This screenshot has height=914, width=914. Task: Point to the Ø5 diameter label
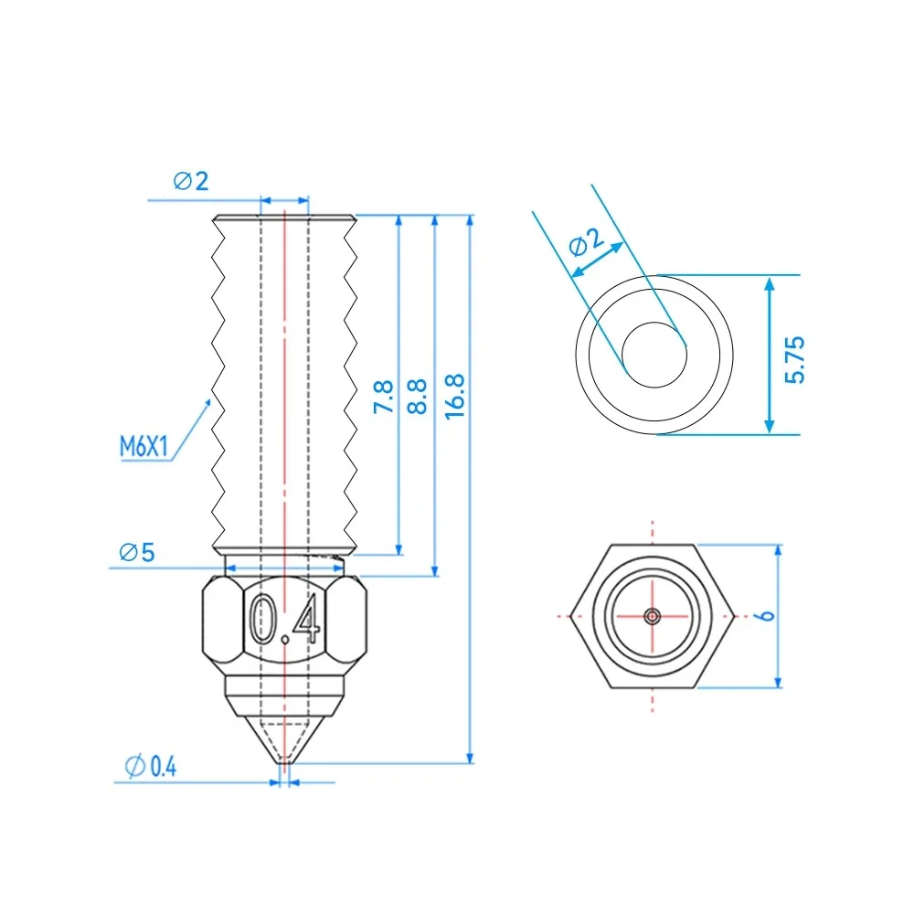[136, 552]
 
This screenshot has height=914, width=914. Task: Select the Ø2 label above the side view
[190, 181]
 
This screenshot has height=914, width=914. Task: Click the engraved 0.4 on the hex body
[285, 621]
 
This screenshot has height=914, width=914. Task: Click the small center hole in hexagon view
[653, 616]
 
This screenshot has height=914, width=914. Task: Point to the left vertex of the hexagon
[570, 615]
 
